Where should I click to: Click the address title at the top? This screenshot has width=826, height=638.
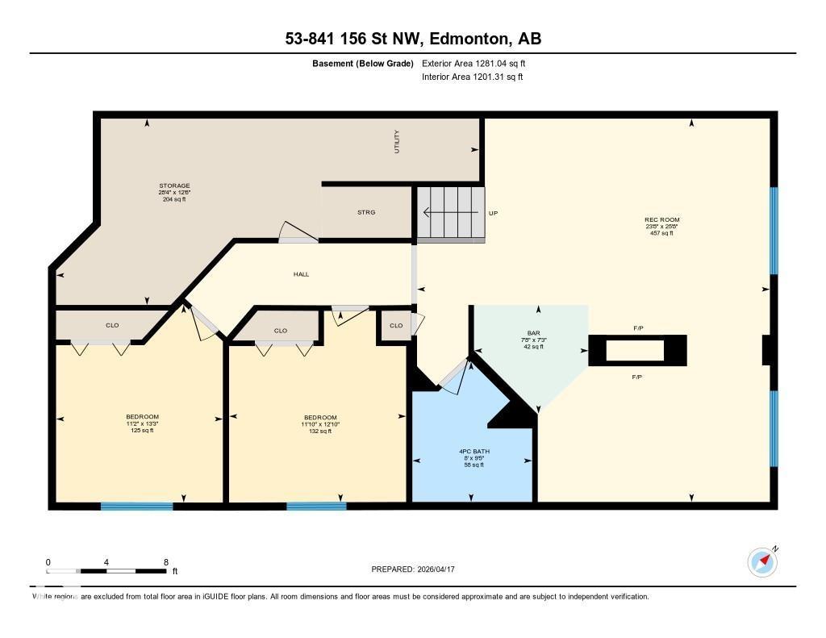[412, 39]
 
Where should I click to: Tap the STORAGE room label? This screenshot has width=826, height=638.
[174, 186]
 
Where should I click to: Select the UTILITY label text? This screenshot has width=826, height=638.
[396, 141]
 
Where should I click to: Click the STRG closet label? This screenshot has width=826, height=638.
[366, 212]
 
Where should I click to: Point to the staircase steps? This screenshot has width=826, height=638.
[450, 213]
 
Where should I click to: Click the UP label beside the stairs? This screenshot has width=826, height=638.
[494, 213]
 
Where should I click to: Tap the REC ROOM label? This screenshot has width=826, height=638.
[661, 220]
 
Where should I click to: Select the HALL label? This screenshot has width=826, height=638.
[301, 274]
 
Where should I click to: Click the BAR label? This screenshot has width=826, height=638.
[533, 332]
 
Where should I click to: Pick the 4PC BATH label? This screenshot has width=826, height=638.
[472, 451]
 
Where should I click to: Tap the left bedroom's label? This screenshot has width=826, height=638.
[142, 417]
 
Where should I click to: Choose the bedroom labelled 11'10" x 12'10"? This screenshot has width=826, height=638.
[320, 418]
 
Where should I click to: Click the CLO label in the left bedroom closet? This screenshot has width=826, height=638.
[112, 325]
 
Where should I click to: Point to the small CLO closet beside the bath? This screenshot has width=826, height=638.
[395, 326]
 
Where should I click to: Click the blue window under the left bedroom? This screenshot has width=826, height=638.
[136, 507]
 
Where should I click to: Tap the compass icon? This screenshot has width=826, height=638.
[762, 561]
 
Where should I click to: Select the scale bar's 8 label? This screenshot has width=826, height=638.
[165, 562]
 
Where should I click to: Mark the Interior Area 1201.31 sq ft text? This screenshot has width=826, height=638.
[472, 77]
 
